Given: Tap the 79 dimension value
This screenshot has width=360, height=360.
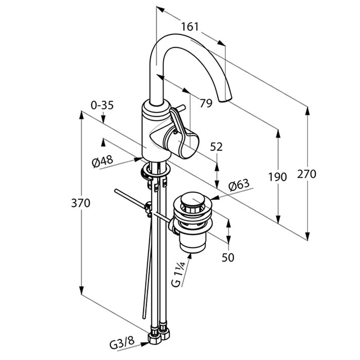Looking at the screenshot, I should coord(206,103).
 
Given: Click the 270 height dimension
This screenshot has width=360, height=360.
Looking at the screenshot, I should coord(307,174).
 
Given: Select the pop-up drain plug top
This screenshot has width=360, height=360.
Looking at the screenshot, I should coord(192,200).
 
